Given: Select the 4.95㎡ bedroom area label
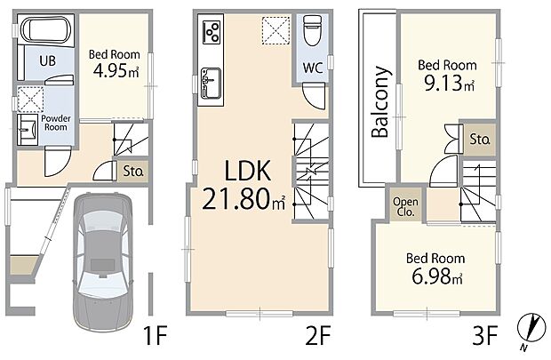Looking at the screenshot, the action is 116,71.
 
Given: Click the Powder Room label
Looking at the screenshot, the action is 56,123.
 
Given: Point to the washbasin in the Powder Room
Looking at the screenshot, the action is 28,130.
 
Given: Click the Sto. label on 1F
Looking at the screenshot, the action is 133,172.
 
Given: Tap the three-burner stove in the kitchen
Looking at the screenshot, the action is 212,32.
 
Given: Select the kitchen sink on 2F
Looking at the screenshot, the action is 211,84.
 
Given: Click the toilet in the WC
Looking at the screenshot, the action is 312,30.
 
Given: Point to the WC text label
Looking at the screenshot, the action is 313,68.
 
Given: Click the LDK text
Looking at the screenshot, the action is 247,171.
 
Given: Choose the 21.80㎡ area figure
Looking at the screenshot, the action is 244,198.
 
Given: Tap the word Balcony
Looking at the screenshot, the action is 380,101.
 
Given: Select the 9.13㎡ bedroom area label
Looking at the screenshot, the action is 450,84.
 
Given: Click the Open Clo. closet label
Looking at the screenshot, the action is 405,207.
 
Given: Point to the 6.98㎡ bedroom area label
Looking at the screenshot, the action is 436,276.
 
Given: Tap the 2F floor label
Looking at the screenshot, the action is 318,336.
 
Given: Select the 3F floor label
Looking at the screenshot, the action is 485,336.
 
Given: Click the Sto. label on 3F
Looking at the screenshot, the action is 480,140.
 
